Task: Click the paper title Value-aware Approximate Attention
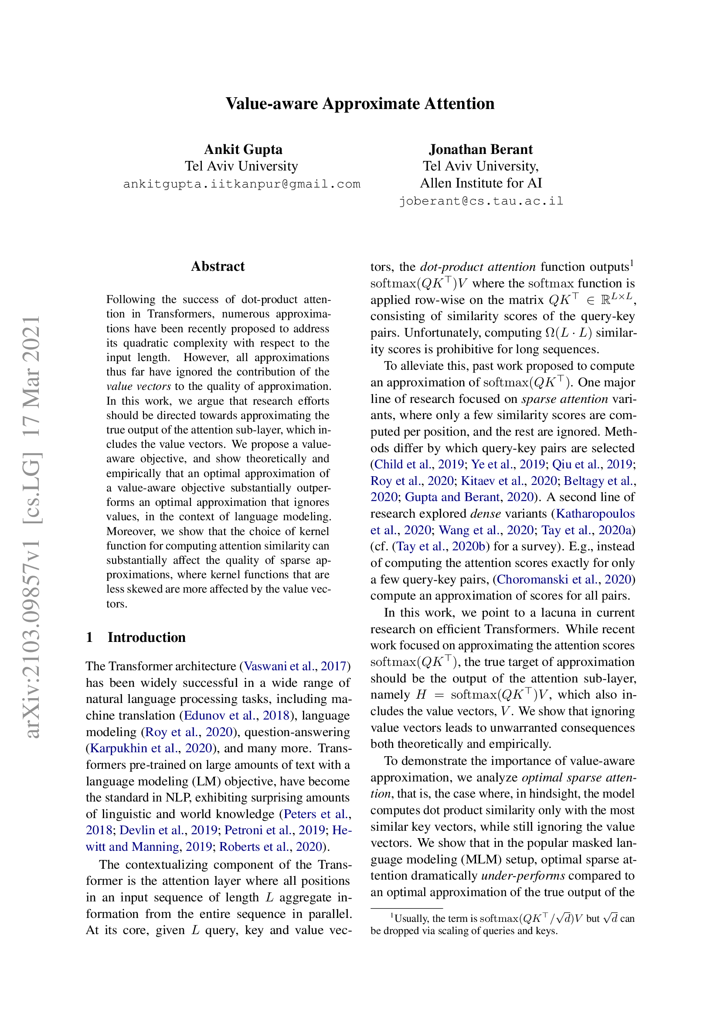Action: [x=360, y=103]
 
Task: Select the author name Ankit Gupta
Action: [x=243, y=149]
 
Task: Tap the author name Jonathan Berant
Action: [x=480, y=149]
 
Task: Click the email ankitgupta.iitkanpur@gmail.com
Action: [x=241, y=184]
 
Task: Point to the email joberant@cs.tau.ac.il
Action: [x=480, y=201]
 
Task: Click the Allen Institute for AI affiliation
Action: [x=480, y=183]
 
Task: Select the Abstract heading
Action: [x=218, y=266]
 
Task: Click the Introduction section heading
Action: [x=146, y=637]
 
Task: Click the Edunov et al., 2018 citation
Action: [x=237, y=716]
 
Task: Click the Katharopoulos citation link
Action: [x=595, y=514]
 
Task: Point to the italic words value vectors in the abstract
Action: [x=139, y=386]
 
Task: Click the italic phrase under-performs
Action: [x=523, y=876]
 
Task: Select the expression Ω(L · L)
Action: [x=568, y=333]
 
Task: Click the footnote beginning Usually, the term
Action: [x=502, y=919]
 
